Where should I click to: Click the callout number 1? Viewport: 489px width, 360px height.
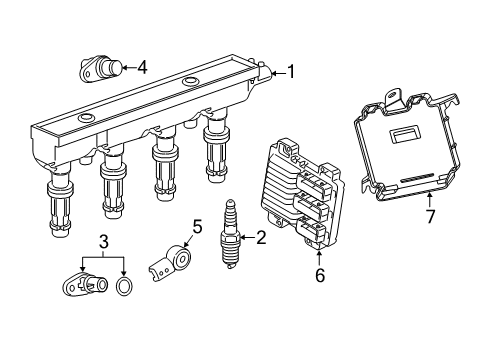[x=291, y=71]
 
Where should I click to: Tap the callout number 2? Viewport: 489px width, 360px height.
[x=261, y=237]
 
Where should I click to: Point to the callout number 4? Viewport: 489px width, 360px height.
[x=142, y=67]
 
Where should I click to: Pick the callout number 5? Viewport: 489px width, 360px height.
[x=197, y=225]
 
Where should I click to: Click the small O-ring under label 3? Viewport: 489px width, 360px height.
[x=124, y=289]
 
